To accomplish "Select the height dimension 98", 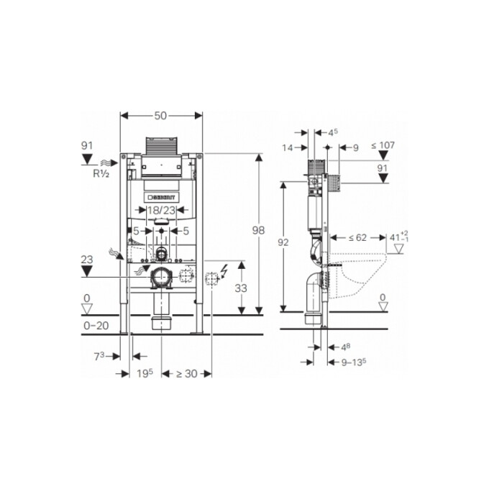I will point(259,231).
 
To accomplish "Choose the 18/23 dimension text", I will point(161,210).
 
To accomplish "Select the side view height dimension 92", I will point(283,243).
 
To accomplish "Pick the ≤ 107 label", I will point(383,145).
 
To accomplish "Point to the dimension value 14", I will point(288,147).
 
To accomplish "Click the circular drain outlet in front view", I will point(161,275).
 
